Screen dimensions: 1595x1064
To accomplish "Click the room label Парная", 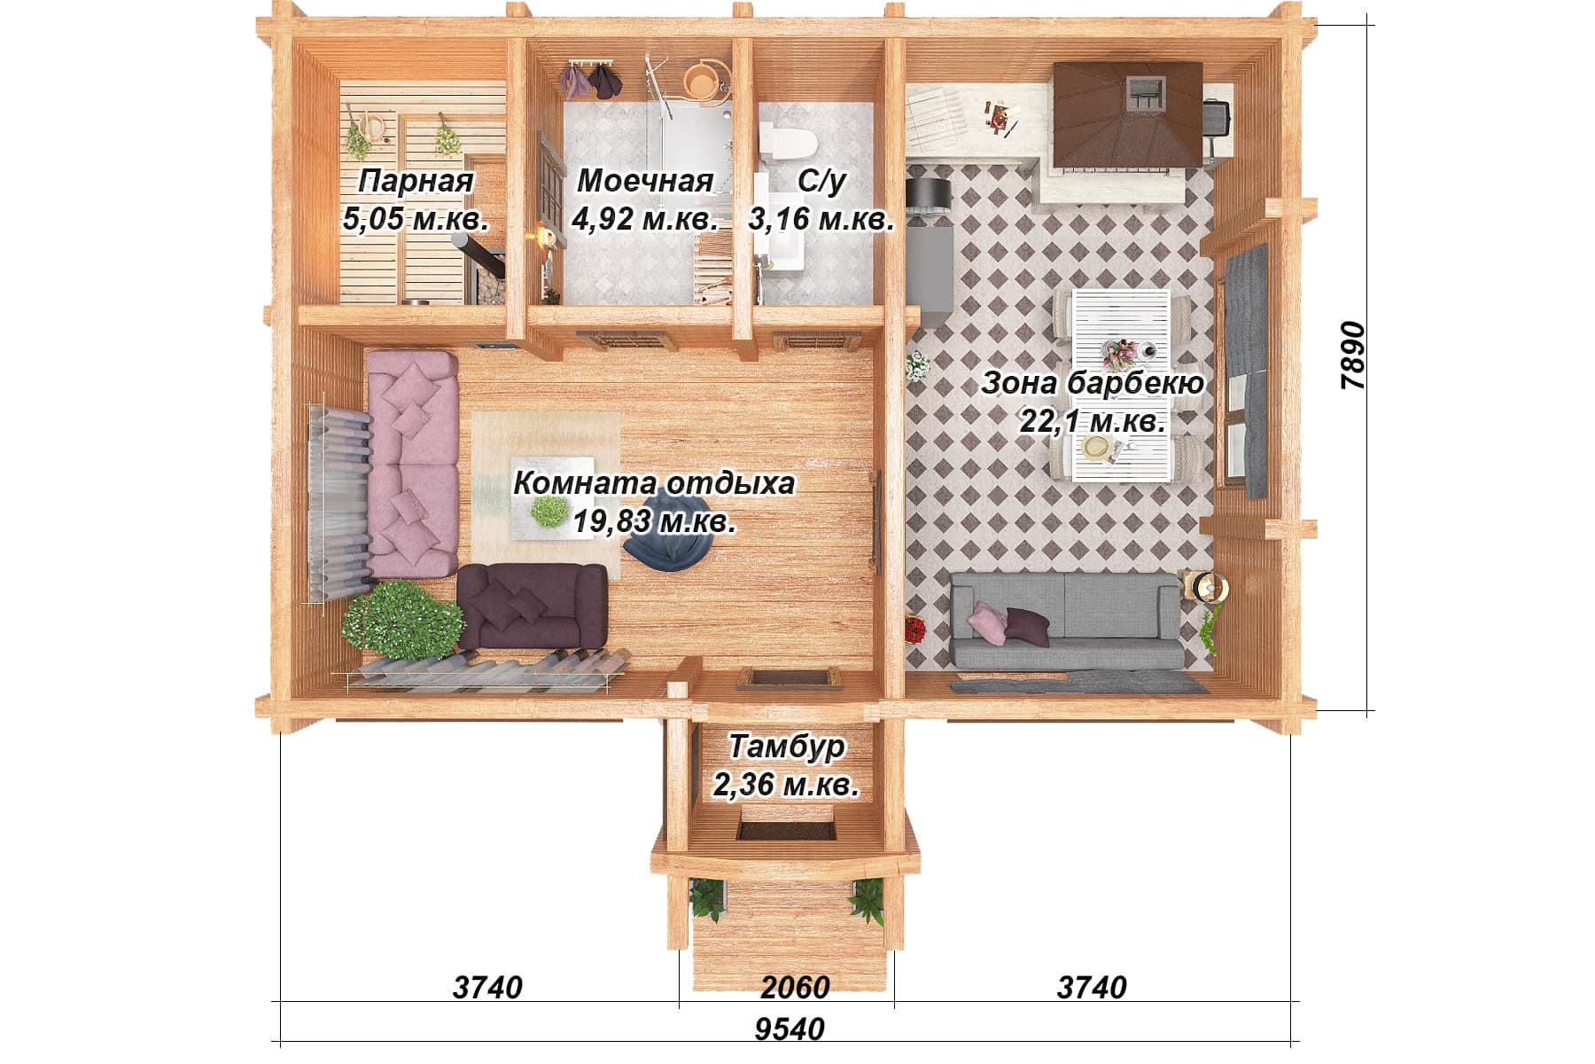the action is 416,182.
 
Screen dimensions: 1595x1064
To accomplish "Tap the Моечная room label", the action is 645,181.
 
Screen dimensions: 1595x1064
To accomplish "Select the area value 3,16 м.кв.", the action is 821,218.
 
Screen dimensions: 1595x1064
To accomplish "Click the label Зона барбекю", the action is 1093,384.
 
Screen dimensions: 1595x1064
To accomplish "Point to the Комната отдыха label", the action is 654,484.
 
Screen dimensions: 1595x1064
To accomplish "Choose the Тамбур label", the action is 787,747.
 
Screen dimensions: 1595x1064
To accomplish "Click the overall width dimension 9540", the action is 790,1029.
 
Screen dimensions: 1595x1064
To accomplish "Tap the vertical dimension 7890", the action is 1354,356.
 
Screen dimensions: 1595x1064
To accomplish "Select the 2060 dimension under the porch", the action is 795,986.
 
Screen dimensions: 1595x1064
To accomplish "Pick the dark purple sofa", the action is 533,606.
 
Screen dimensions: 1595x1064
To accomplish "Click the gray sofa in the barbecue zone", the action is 1067,619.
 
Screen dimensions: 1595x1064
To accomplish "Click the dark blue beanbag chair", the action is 664,548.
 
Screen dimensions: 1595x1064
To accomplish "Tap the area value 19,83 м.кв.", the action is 654,521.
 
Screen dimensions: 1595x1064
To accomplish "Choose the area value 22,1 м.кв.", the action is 1093,421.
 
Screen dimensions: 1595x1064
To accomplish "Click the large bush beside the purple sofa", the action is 401,617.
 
